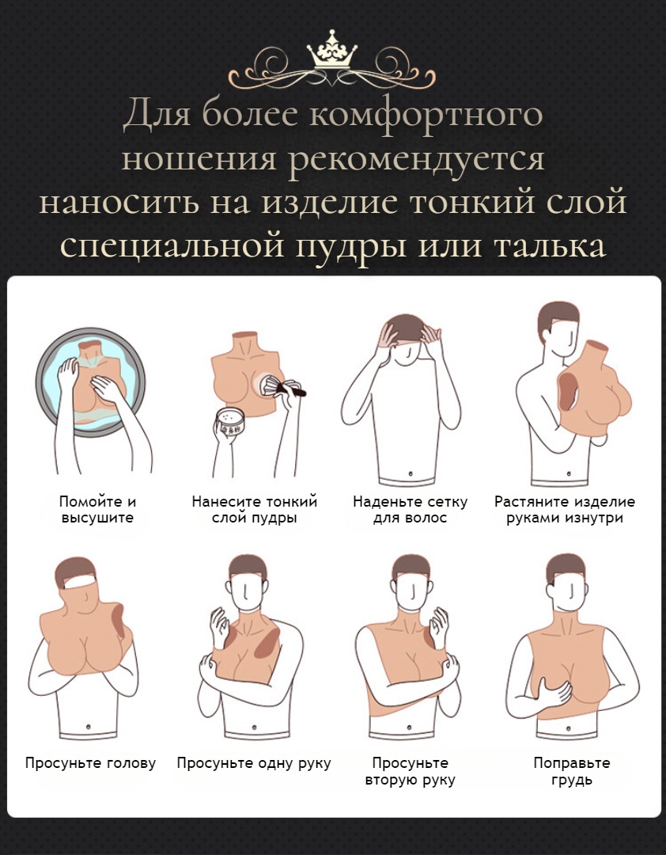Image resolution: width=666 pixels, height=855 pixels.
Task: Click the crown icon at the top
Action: [x=332, y=52]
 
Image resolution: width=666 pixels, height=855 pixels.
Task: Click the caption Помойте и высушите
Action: [x=97, y=510]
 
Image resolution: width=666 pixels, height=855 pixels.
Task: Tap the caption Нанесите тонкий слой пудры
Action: [x=254, y=510]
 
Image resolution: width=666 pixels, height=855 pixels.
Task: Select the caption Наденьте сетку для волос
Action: [x=410, y=510]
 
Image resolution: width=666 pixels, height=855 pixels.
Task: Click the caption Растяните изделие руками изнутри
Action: [x=564, y=510]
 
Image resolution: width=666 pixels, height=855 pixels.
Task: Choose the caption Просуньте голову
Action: [x=90, y=763]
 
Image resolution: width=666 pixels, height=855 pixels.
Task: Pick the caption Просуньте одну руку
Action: [x=254, y=763]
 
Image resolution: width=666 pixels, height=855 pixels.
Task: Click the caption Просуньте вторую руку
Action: [x=410, y=772]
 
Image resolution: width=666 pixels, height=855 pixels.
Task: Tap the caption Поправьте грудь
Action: [x=571, y=772]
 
